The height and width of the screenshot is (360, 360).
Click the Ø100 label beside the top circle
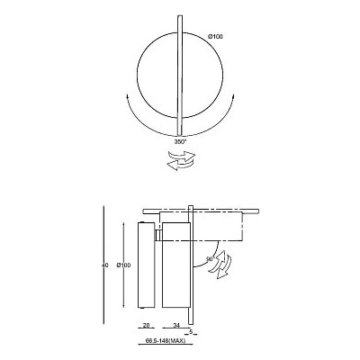point(215,35)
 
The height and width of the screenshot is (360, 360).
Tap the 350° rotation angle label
point(179,141)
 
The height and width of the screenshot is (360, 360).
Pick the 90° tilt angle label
point(209,258)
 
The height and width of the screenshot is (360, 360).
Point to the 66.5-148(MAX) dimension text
point(166,343)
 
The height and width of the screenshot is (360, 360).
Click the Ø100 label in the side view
point(126,264)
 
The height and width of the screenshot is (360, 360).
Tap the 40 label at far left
point(105,264)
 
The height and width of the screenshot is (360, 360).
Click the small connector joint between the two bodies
point(157,235)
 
